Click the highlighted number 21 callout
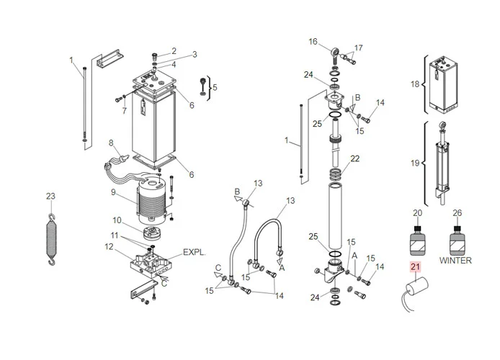coord(414,267)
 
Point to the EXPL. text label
coord(195,253)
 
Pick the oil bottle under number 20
coord(417,240)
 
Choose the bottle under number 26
coord(456,240)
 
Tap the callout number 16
coord(313,42)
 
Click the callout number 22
coord(354,158)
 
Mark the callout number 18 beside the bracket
coord(414,84)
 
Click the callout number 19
coord(414,163)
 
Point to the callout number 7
coord(124,111)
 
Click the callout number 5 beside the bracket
coord(213,88)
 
